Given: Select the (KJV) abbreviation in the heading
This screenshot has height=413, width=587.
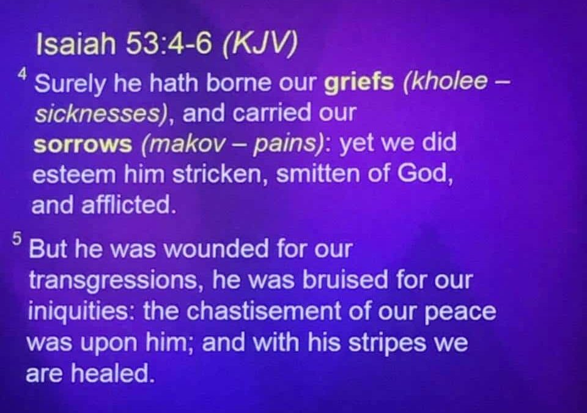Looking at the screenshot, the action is (260, 44).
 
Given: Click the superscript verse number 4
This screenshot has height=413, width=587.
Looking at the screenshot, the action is (23, 75).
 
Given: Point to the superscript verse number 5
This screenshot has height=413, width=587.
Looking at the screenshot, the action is (17, 239).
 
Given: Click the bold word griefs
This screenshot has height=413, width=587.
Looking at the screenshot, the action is (359, 83).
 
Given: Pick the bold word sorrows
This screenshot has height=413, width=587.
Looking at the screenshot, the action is (83, 144).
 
